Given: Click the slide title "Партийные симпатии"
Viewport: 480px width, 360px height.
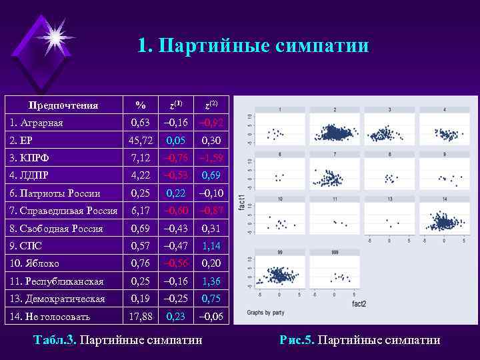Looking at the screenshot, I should tap(253, 45).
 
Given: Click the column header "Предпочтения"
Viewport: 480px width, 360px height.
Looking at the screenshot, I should tap(63, 105).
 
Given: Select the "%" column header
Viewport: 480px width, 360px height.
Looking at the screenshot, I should tap(140, 105).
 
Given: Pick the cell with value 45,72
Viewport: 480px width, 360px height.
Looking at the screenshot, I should tap(141, 140).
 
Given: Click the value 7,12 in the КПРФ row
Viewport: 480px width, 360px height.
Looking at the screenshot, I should tap(141, 158).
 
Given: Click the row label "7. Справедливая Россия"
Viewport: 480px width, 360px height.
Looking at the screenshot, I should tap(64, 211).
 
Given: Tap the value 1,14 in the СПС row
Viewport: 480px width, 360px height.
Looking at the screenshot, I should tap(211, 246).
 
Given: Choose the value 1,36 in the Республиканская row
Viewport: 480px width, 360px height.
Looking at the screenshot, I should tap(211, 281).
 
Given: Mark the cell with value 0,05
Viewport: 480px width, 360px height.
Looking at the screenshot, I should tap(177, 140).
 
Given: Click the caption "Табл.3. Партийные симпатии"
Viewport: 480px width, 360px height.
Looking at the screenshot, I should tap(118, 340).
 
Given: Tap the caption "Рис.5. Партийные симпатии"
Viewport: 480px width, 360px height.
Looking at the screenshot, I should tap(360, 340).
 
